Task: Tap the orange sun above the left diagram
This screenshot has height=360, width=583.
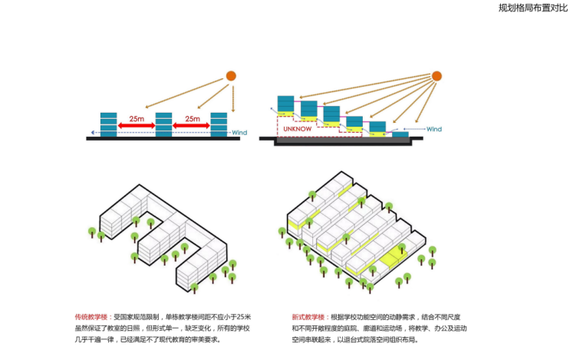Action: tap(231, 75)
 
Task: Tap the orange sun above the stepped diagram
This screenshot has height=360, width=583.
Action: tap(437, 75)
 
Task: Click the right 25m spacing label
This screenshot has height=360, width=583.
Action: tap(192, 120)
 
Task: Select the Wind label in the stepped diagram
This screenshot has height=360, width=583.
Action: tap(434, 129)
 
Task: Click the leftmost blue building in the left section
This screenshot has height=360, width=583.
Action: tap(109, 124)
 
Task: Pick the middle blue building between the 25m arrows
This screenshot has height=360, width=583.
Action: tap(164, 124)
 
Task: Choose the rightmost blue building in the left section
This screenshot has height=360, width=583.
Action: tap(219, 124)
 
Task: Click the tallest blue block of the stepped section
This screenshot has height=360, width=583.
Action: tap(285, 104)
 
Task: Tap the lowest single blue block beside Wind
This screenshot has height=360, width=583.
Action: tap(400, 136)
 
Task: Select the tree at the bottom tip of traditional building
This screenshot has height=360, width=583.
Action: tap(195, 289)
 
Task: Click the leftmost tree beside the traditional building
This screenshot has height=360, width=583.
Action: tap(92, 232)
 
